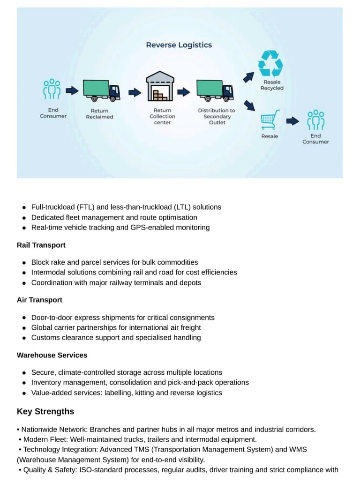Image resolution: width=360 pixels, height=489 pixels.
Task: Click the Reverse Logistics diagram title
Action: (x=179, y=45)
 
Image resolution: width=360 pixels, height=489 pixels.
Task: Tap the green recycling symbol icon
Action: (x=270, y=64)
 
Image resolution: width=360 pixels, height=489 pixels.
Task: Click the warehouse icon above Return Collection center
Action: (x=160, y=87)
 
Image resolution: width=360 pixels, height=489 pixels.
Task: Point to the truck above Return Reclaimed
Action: (x=101, y=90)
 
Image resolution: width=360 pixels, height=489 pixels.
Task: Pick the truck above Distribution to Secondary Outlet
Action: (x=215, y=90)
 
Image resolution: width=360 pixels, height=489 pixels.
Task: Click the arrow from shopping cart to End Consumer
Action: (x=292, y=121)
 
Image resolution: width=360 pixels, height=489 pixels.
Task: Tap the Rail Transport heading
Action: (x=41, y=245)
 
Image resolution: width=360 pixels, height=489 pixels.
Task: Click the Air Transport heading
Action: (x=39, y=300)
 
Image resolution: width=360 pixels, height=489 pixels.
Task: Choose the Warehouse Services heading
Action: (x=52, y=355)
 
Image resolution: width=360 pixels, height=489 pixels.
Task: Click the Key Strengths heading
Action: (x=45, y=412)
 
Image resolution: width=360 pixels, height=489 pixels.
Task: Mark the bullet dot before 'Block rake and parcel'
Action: (x=24, y=262)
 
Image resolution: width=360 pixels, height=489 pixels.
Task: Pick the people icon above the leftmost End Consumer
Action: (x=52, y=89)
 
